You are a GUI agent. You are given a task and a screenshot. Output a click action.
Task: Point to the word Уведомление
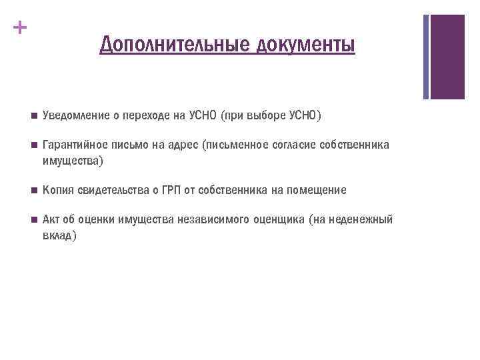click(76, 117)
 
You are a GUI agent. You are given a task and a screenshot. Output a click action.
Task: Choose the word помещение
click(315, 191)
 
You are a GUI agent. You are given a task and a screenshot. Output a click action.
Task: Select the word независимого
click(211, 220)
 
